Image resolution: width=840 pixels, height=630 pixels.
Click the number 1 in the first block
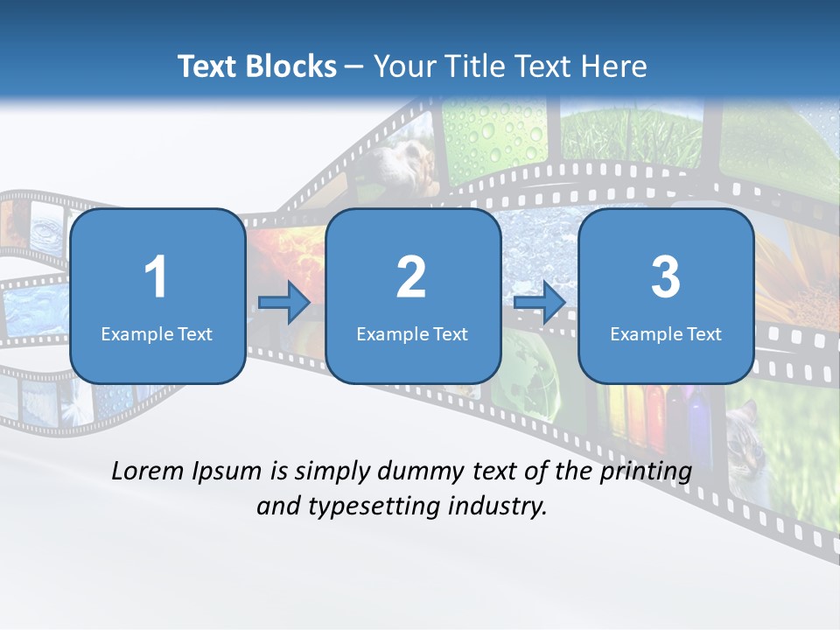156,277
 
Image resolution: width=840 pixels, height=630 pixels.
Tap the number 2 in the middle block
411,277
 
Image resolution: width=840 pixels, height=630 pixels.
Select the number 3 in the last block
666,277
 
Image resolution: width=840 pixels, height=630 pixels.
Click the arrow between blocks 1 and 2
284,303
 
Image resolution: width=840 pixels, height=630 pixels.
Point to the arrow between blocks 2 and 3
539,303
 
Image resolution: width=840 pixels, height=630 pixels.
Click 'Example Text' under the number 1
157,333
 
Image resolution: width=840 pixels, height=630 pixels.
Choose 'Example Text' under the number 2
412,333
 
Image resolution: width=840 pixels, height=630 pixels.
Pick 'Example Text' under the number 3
666,333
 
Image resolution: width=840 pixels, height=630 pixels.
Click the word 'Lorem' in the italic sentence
149,471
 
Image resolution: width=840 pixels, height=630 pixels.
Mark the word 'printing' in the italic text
648,471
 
